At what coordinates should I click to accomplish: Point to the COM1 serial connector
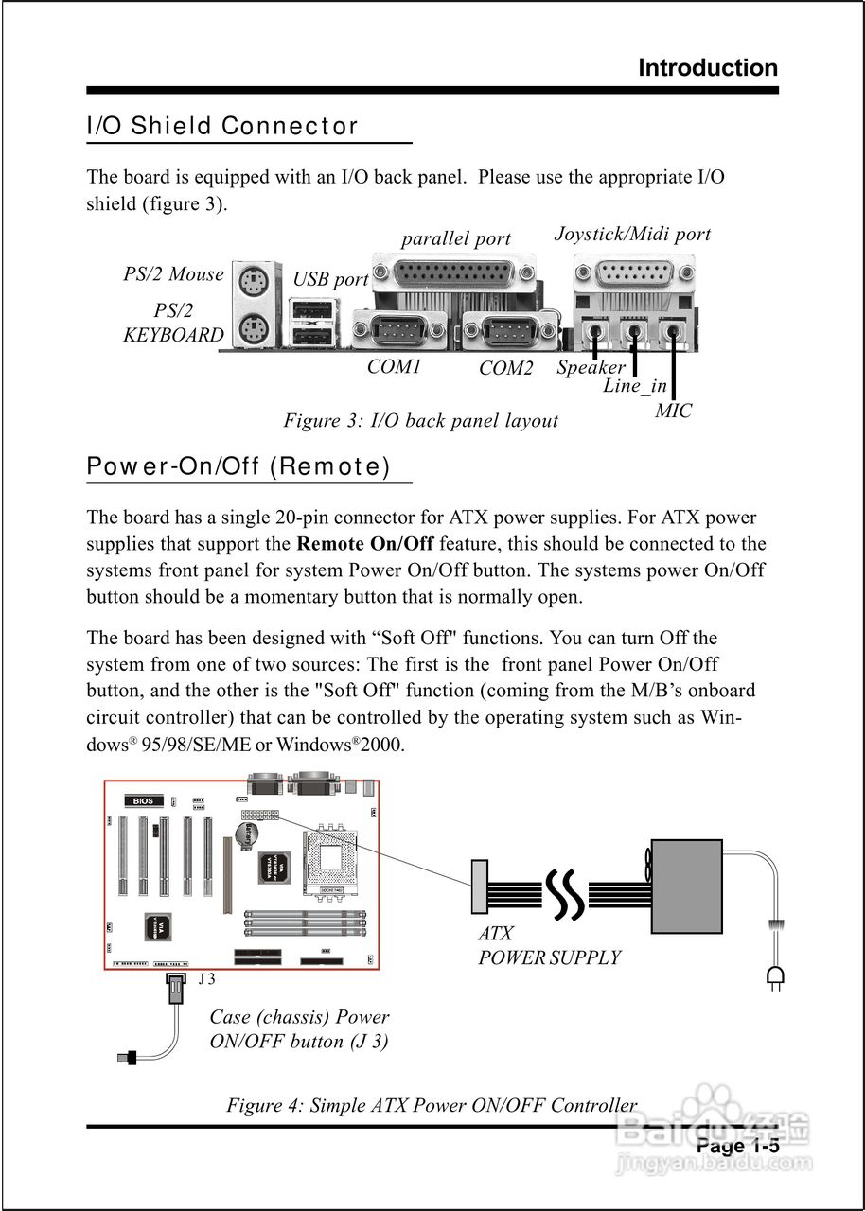398,331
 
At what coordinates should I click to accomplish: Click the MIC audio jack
673,332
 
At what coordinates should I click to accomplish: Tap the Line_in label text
635,386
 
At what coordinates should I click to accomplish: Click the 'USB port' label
330,279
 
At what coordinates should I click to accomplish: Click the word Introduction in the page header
708,68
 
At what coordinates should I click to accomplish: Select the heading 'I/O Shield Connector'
222,126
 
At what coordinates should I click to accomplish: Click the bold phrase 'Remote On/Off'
365,544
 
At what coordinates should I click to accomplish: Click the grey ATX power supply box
686,885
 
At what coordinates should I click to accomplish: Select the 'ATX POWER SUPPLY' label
549,946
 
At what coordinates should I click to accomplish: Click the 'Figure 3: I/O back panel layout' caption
420,420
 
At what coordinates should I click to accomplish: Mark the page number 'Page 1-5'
738,1147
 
